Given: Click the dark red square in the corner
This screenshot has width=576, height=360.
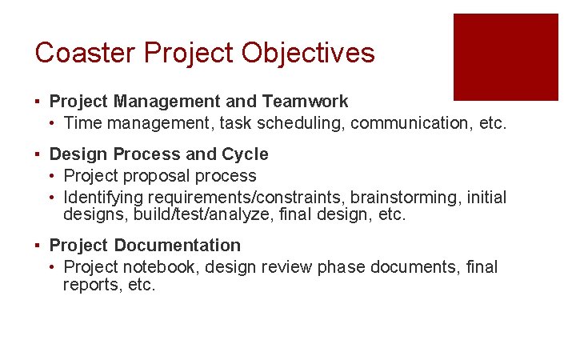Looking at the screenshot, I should pyautogui.click(x=506, y=57).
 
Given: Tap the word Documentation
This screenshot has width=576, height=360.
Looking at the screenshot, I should pyautogui.click(x=177, y=246).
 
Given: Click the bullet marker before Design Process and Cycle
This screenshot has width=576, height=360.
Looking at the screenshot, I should pyautogui.click(x=38, y=154).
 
